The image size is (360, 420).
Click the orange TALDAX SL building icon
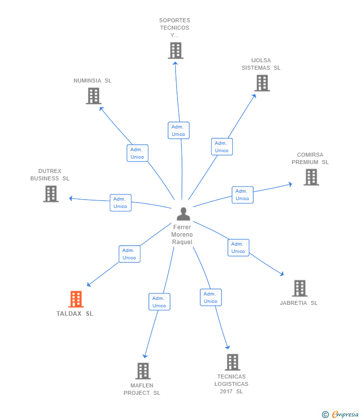pyautogui.click(x=76, y=299)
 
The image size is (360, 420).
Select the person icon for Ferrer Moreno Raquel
pyautogui.click(x=183, y=214)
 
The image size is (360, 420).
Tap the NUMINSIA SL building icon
pyautogui.click(x=93, y=96)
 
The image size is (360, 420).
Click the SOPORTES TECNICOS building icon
pyautogui.click(x=176, y=50)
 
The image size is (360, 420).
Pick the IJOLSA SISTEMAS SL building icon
pyautogui.click(x=262, y=83)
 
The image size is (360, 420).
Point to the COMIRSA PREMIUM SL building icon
pyautogui.click(x=311, y=177)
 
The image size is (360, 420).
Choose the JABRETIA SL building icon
pyautogui.click(x=300, y=288)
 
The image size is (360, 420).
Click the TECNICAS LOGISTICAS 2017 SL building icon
pyautogui.click(x=232, y=362)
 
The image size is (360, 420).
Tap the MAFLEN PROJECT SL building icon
pyautogui.click(x=142, y=371)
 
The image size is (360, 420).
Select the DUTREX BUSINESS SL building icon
pyautogui.click(x=50, y=194)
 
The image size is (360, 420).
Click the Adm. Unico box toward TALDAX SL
pyautogui.click(x=130, y=254)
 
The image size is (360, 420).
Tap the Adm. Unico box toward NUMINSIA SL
pyautogui.click(x=137, y=153)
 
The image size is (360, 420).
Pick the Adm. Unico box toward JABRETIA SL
pyautogui.click(x=238, y=248)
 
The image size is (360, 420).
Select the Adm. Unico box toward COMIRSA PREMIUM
pyautogui.click(x=242, y=195)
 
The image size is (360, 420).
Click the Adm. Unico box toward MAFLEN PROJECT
pyautogui.click(x=159, y=302)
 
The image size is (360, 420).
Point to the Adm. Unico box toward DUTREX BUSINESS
pyautogui.click(x=121, y=203)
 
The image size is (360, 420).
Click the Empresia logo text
pyautogui.click(x=345, y=414)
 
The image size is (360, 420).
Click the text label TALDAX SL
pyautogui.click(x=75, y=314)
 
